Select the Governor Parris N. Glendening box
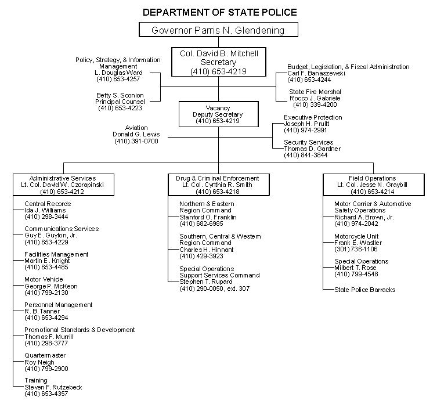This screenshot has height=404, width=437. (218, 30)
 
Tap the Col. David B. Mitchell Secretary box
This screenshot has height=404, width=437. (218, 62)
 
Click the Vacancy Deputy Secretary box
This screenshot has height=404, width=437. (218, 114)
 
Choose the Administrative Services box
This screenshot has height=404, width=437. (63, 184)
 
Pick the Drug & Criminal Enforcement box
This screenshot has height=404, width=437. (218, 184)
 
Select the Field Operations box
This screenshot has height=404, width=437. (372, 184)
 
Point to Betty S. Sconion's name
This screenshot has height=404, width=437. (120, 95)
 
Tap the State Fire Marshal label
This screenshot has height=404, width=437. (315, 92)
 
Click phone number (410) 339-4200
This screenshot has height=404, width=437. (315, 105)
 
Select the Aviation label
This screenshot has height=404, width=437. (136, 128)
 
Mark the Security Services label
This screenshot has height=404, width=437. (308, 142)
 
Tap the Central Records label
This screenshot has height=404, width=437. (48, 204)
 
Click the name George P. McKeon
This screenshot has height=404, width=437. (50, 286)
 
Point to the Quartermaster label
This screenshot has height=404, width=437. (45, 355)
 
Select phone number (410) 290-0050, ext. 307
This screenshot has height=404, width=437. (215, 288)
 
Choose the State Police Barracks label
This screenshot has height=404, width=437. (364, 289)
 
